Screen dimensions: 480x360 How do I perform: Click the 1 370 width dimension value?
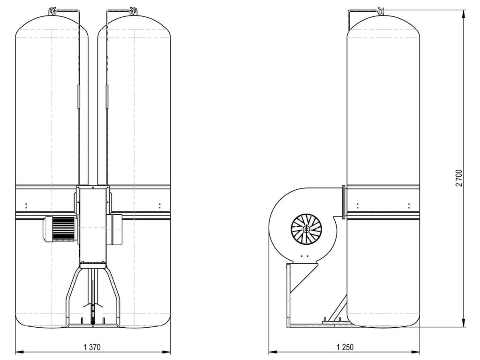(x=92, y=347)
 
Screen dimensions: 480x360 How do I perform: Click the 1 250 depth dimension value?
(x=345, y=347)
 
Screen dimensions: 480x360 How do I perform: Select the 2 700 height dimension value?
(x=459, y=178)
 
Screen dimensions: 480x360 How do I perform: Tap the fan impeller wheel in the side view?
(x=306, y=229)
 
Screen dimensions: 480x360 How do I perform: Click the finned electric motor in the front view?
(x=60, y=229)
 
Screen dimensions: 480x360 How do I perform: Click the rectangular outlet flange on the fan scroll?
(x=344, y=202)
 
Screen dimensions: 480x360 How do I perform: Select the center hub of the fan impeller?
(x=306, y=229)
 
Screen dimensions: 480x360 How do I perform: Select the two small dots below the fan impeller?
(x=304, y=256)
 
